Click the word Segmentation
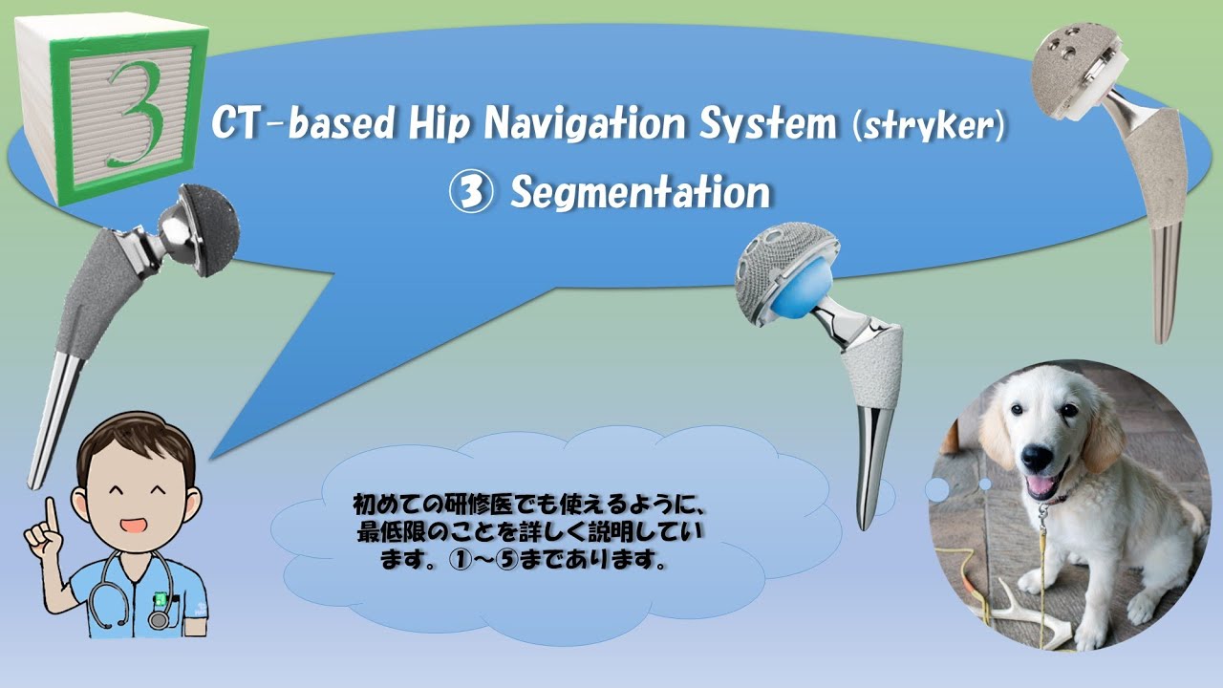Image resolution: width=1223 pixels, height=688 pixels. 639,193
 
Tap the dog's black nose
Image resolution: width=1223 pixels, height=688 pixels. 1039,455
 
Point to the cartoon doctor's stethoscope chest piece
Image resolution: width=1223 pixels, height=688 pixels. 158,619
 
